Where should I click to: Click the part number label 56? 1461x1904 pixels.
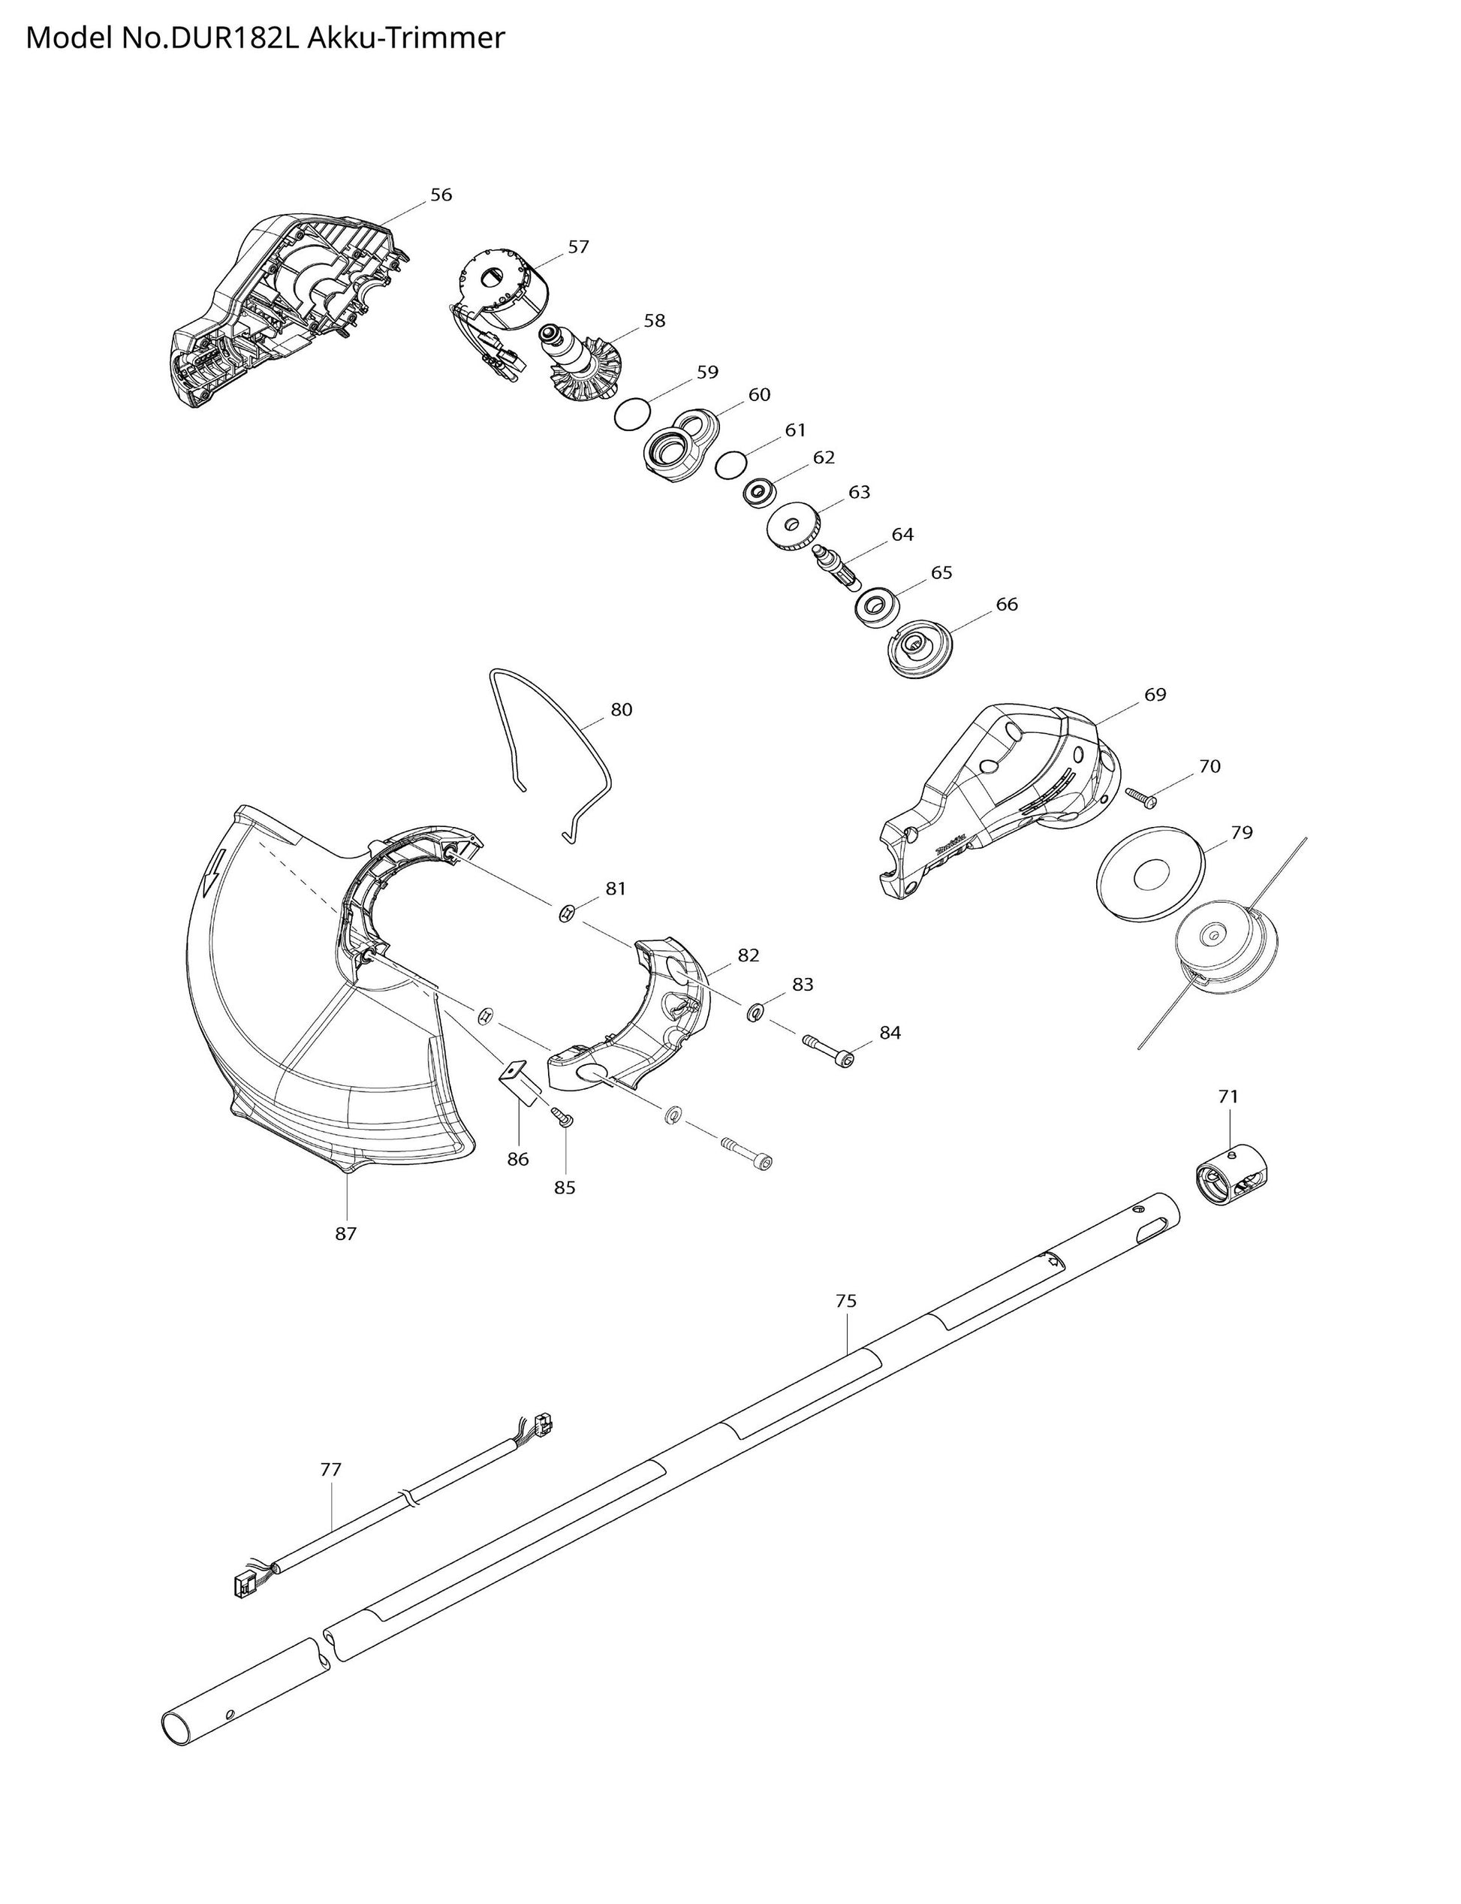click(x=441, y=195)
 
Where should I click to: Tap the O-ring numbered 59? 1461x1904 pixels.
click(x=632, y=413)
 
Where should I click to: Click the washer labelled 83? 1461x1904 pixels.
click(x=754, y=1011)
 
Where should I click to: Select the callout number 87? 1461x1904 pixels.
click(x=346, y=1233)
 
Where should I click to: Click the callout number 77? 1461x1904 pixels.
click(x=330, y=1469)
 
